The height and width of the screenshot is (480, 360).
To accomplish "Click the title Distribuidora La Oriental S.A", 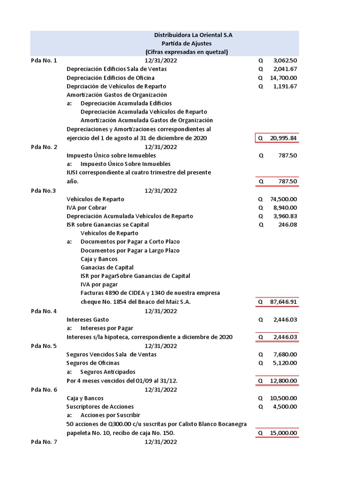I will click(193, 35).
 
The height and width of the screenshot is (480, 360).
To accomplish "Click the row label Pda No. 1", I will click(44, 60).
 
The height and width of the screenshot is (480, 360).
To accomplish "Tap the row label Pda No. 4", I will click(44, 311).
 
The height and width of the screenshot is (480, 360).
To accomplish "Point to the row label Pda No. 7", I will click(44, 442).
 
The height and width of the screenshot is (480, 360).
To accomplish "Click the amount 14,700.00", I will click(283, 78).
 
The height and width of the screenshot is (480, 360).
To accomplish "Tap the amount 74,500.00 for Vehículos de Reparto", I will click(283, 199).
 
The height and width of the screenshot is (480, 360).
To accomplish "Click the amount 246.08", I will click(288, 225).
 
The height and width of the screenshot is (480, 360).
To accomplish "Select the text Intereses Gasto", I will click(88, 320).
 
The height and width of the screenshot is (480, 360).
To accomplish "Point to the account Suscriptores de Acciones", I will click(100, 406).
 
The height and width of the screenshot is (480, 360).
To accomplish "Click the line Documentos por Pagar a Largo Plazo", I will click(130, 250).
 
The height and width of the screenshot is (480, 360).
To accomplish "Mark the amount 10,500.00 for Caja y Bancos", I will click(283, 398).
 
